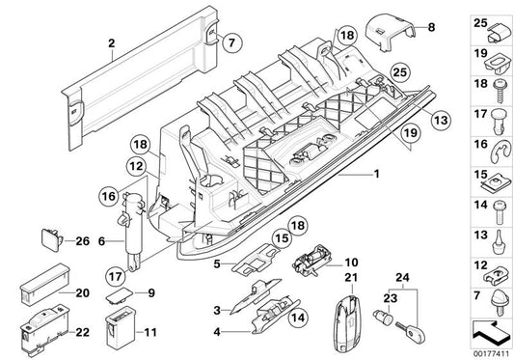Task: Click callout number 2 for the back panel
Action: [x=111, y=43]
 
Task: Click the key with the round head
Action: [x=413, y=329]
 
